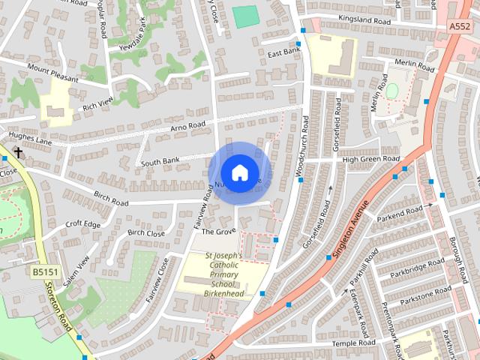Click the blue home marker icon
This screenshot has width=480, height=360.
[239, 172]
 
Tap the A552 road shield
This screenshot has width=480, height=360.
[460, 26]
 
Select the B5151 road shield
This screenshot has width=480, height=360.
[44, 271]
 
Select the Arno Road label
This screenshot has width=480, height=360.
[187, 125]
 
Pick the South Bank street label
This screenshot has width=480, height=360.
[159, 160]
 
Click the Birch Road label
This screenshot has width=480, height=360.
[111, 199]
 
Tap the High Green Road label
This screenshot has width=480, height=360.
[371, 160]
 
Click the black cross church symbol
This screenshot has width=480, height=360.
[16, 153]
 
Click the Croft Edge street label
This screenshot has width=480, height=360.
[82, 223]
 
